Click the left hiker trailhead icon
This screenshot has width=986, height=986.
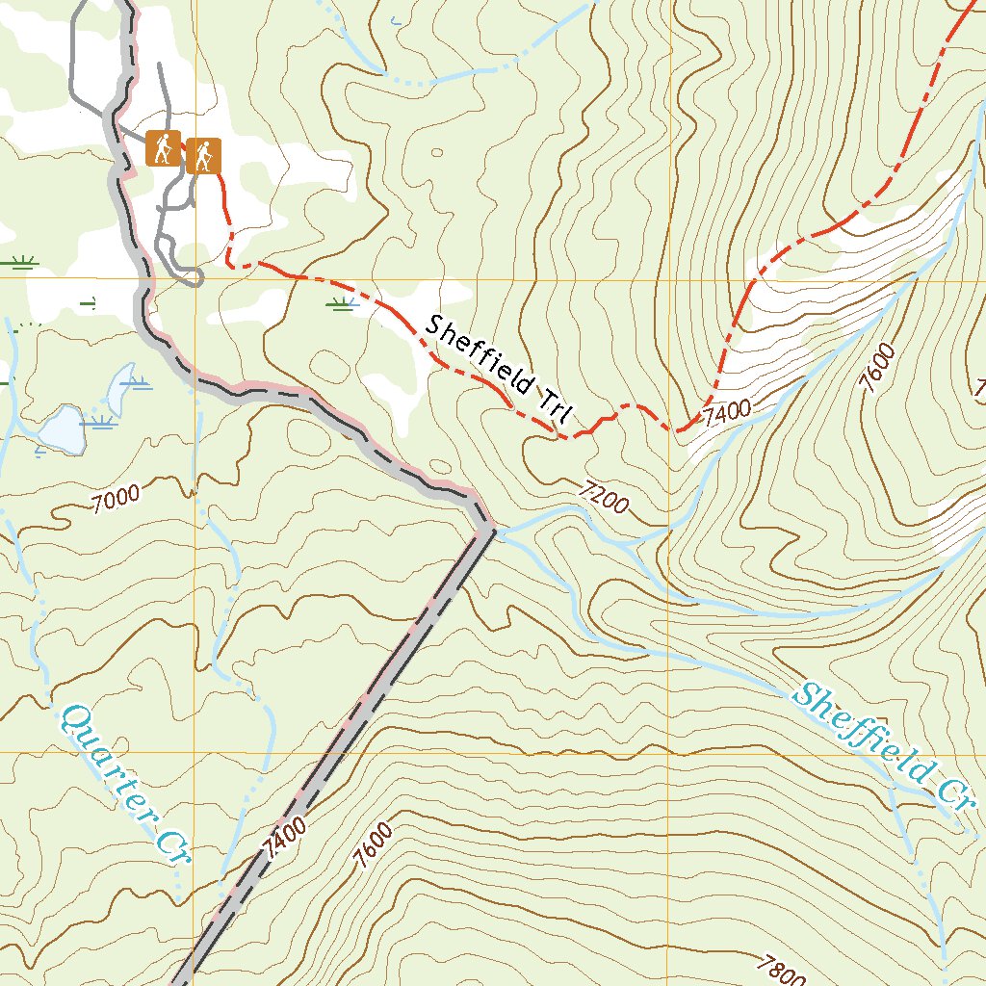click(164, 150)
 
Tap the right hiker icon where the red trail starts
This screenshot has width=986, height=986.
click(204, 155)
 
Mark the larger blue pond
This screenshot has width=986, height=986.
click(58, 429)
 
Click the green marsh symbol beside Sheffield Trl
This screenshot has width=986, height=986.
click(339, 305)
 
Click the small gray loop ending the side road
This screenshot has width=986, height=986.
click(191, 278)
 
